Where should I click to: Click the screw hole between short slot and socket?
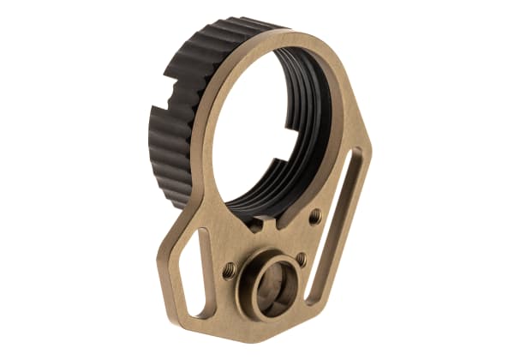(229, 271)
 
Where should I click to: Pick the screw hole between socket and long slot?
(301, 260)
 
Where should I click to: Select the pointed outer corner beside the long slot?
(371, 154)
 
